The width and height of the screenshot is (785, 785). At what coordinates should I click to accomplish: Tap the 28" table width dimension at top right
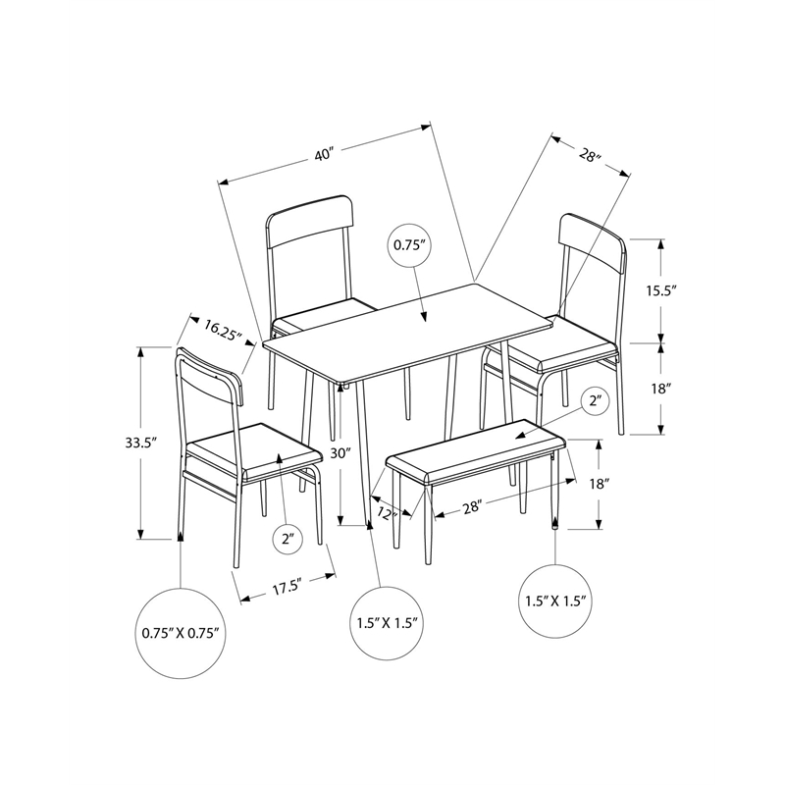(x=589, y=154)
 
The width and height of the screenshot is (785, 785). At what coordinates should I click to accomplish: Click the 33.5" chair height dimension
(x=123, y=443)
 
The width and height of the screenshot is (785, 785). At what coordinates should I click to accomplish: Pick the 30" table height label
(x=340, y=453)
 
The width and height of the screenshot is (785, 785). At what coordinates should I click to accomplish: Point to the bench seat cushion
(x=476, y=450)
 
